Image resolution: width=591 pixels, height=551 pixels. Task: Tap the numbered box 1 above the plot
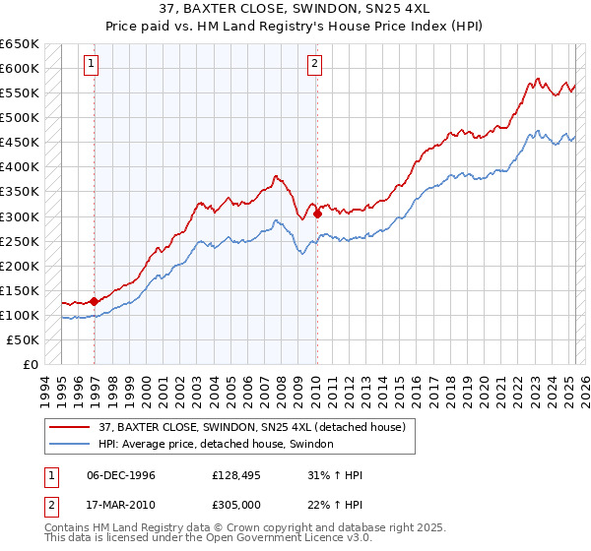91,65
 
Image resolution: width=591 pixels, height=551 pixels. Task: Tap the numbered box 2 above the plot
314,65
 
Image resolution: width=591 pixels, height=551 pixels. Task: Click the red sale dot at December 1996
95,301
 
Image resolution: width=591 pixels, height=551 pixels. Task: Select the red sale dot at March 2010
317,214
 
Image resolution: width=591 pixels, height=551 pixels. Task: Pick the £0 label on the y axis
32,364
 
